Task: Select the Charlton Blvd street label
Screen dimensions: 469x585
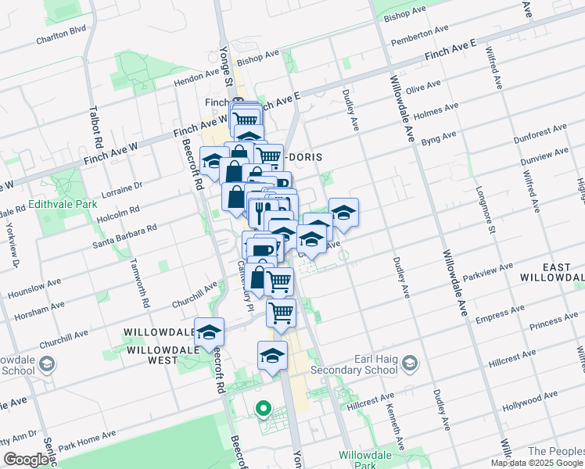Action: [x=60, y=34]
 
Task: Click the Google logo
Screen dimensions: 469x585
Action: [x=26, y=460]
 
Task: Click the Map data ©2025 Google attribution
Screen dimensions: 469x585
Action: [x=537, y=463]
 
